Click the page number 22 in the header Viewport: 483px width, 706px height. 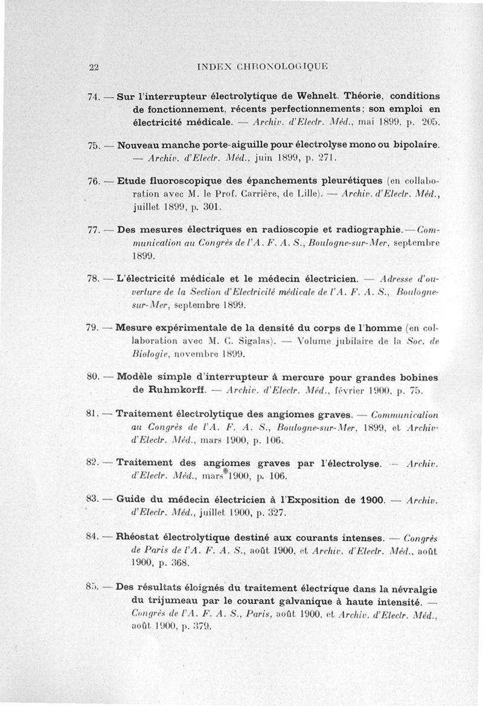[94, 67]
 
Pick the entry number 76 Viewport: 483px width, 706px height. [94, 181]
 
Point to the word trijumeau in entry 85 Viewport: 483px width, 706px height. [163, 601]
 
